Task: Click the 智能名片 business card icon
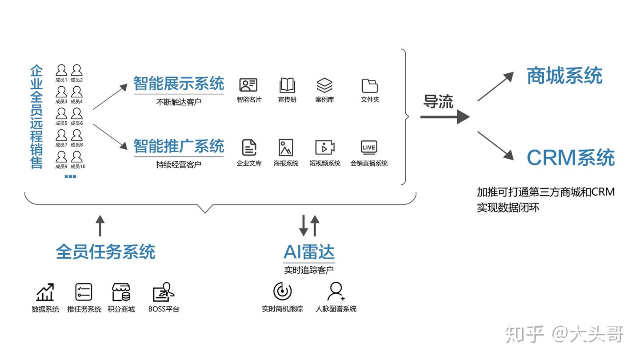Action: point(248,85)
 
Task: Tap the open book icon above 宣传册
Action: point(287,85)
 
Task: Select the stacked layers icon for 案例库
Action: point(324,85)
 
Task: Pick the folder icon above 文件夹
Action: point(370,86)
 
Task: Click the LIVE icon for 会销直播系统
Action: point(369,148)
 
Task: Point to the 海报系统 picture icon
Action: point(286,148)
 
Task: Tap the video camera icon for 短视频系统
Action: point(325,148)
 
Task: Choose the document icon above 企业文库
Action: point(249,148)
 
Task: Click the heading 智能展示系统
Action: point(179,84)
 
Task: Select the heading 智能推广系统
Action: point(179,146)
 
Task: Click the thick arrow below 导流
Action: point(445,117)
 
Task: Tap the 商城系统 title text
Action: point(564,76)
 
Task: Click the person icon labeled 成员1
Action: point(61,70)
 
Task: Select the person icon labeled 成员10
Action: point(76,157)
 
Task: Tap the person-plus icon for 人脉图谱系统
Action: point(336,292)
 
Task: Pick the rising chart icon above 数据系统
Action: point(45,292)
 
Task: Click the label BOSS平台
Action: point(164,309)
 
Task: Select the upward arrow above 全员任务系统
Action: point(100,226)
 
